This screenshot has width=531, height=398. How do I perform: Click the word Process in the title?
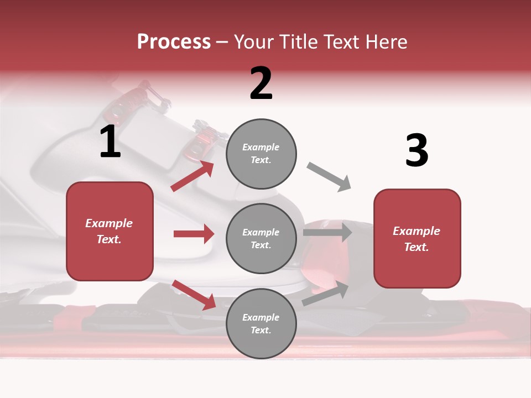click(x=174, y=42)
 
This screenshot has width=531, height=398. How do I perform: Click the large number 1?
click(x=110, y=142)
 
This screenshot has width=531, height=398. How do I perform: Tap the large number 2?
click(x=261, y=83)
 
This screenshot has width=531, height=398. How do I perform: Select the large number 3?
click(x=417, y=150)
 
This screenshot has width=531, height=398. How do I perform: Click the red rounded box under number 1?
click(x=110, y=231)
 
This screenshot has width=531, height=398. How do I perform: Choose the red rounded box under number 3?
click(x=417, y=238)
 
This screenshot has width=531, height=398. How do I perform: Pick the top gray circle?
click(x=261, y=154)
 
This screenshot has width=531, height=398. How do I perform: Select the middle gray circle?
click(x=261, y=238)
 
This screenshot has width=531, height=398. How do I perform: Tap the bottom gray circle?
click(x=261, y=323)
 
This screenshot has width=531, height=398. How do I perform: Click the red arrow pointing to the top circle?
click(x=192, y=176)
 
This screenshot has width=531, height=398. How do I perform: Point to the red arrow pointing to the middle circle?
click(x=194, y=234)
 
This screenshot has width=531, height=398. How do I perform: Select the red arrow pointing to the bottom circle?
click(x=194, y=294)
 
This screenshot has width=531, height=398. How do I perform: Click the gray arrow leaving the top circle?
click(x=329, y=177)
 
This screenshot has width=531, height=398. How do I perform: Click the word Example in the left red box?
click(x=109, y=223)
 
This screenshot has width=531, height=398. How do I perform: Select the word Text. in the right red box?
click(x=417, y=247)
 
